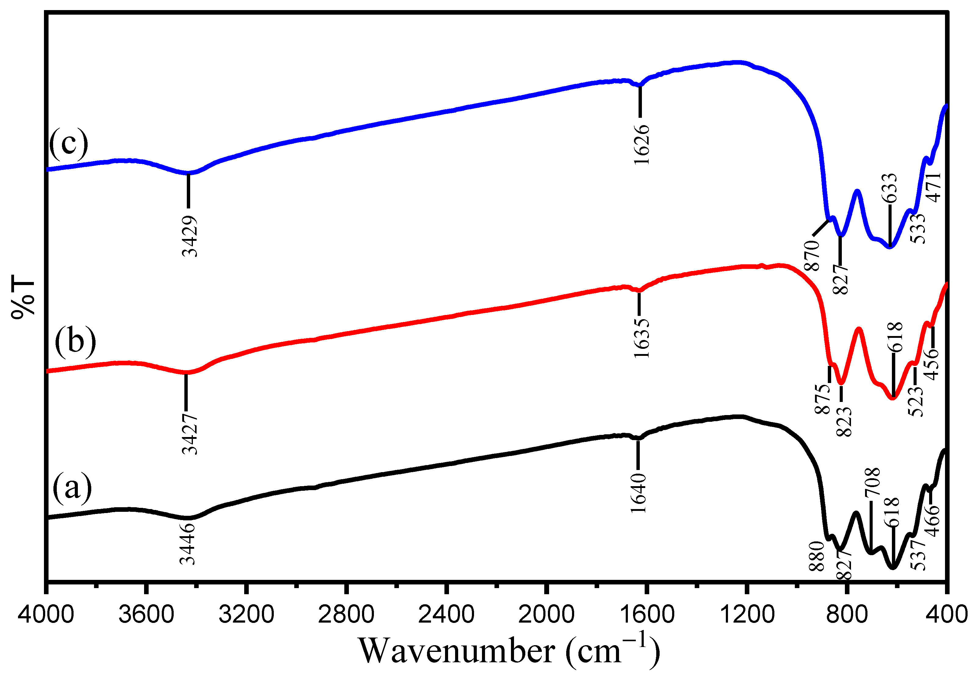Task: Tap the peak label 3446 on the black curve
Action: click(187, 544)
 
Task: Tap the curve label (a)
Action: click(72, 487)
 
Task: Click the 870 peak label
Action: click(812, 255)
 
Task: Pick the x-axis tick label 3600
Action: click(146, 614)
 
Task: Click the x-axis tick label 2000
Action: click(547, 614)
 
